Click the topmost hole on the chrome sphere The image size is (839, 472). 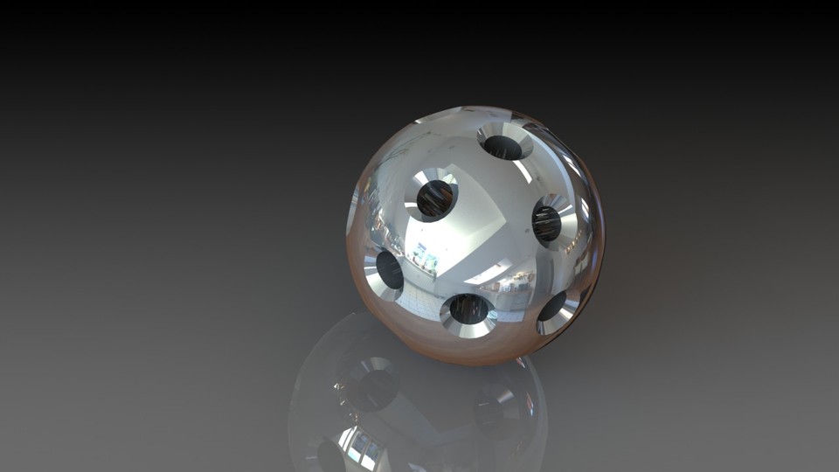coord(503,146)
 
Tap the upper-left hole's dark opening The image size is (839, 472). coord(434,198)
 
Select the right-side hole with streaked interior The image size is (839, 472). coord(547,222)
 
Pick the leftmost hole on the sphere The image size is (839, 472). coord(389,270)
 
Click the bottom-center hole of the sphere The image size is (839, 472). coord(469,309)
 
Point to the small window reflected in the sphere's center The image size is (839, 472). coord(426,259)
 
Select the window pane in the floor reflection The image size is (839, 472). coord(360,447)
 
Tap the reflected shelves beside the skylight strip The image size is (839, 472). coord(517,282)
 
